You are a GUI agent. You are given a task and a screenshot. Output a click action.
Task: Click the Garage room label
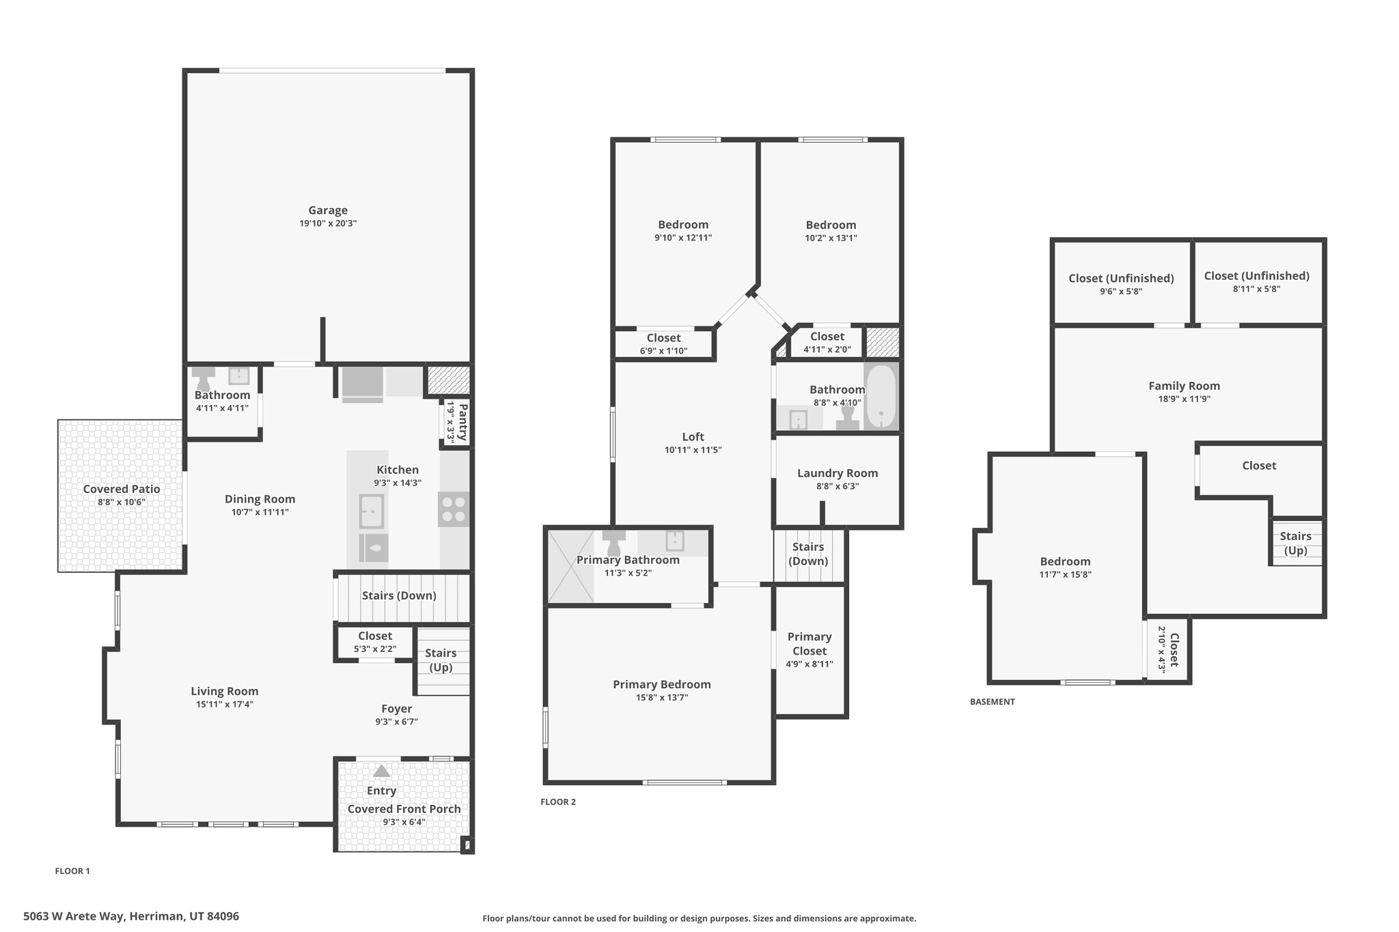tap(328, 210)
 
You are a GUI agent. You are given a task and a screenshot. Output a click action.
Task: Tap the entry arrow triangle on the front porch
tap(381, 771)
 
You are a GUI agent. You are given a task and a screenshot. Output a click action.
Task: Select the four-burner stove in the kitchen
tap(454, 509)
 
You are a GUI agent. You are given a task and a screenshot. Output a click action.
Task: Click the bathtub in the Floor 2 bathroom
tap(881, 397)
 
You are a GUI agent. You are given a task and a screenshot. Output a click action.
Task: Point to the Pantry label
tap(462, 422)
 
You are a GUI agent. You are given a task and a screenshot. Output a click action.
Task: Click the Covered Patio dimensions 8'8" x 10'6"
tap(122, 502)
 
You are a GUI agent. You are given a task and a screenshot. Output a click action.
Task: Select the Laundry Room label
tap(837, 473)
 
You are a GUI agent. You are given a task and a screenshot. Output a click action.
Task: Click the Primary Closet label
tap(809, 643)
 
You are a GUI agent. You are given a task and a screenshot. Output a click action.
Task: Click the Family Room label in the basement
tap(1184, 386)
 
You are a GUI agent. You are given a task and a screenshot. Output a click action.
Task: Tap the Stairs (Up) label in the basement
tap(1295, 543)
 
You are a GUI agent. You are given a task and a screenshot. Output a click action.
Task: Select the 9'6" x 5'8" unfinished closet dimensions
tap(1121, 292)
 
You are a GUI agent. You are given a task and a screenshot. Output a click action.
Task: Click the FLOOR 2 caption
tap(558, 802)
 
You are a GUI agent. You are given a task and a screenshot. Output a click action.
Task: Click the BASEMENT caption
tap(992, 701)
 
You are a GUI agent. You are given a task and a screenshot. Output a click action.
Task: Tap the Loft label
tap(693, 437)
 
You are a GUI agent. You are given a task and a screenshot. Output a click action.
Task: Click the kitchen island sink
tap(372, 511)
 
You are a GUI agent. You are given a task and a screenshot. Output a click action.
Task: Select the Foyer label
tap(396, 709)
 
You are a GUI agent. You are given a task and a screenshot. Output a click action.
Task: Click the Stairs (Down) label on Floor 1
tap(399, 595)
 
